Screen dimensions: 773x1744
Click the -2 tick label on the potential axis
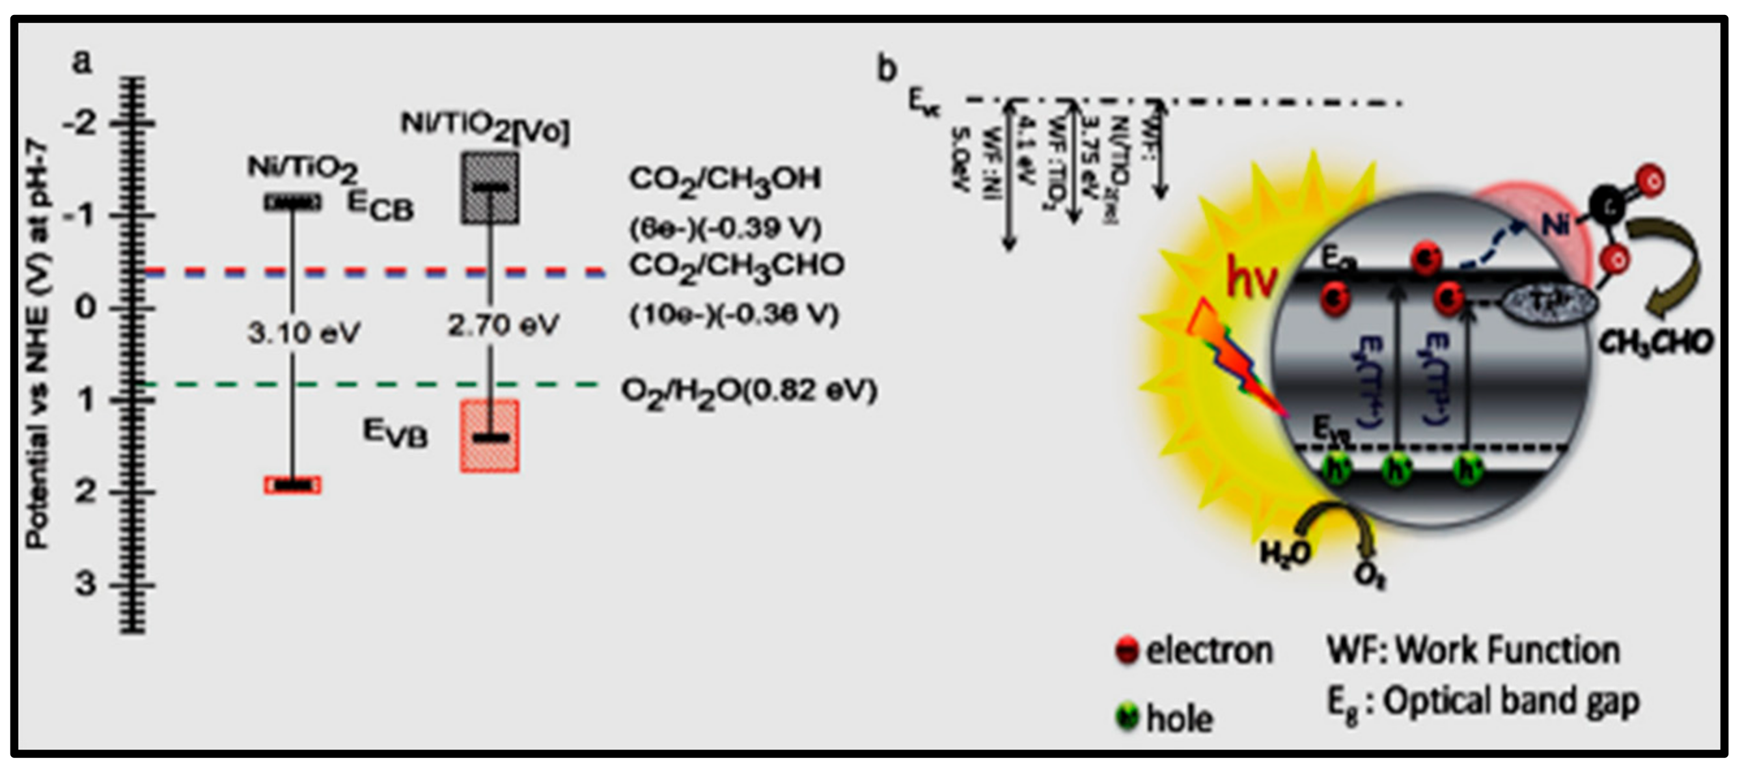pyautogui.click(x=80, y=125)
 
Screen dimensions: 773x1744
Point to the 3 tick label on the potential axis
pyautogui.click(x=85, y=584)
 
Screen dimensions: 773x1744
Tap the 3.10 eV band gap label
pyautogui.click(x=303, y=333)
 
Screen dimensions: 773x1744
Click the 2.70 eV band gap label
pyautogui.click(x=503, y=325)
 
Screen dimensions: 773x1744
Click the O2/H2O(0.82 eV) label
pyautogui.click(x=749, y=391)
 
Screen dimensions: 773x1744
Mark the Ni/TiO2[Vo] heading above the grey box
pyautogui.click(x=485, y=128)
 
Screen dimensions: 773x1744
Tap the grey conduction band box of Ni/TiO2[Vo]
pyautogui.click(x=490, y=188)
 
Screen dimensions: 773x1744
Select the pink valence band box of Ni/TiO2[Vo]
pyautogui.click(x=490, y=436)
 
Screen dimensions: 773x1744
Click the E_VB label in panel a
pyautogui.click(x=395, y=433)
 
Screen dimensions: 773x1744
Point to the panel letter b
pyautogui.click(x=887, y=69)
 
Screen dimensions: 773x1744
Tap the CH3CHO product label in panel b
pyautogui.click(x=1655, y=343)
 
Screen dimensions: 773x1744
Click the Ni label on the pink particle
pyautogui.click(x=1556, y=224)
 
